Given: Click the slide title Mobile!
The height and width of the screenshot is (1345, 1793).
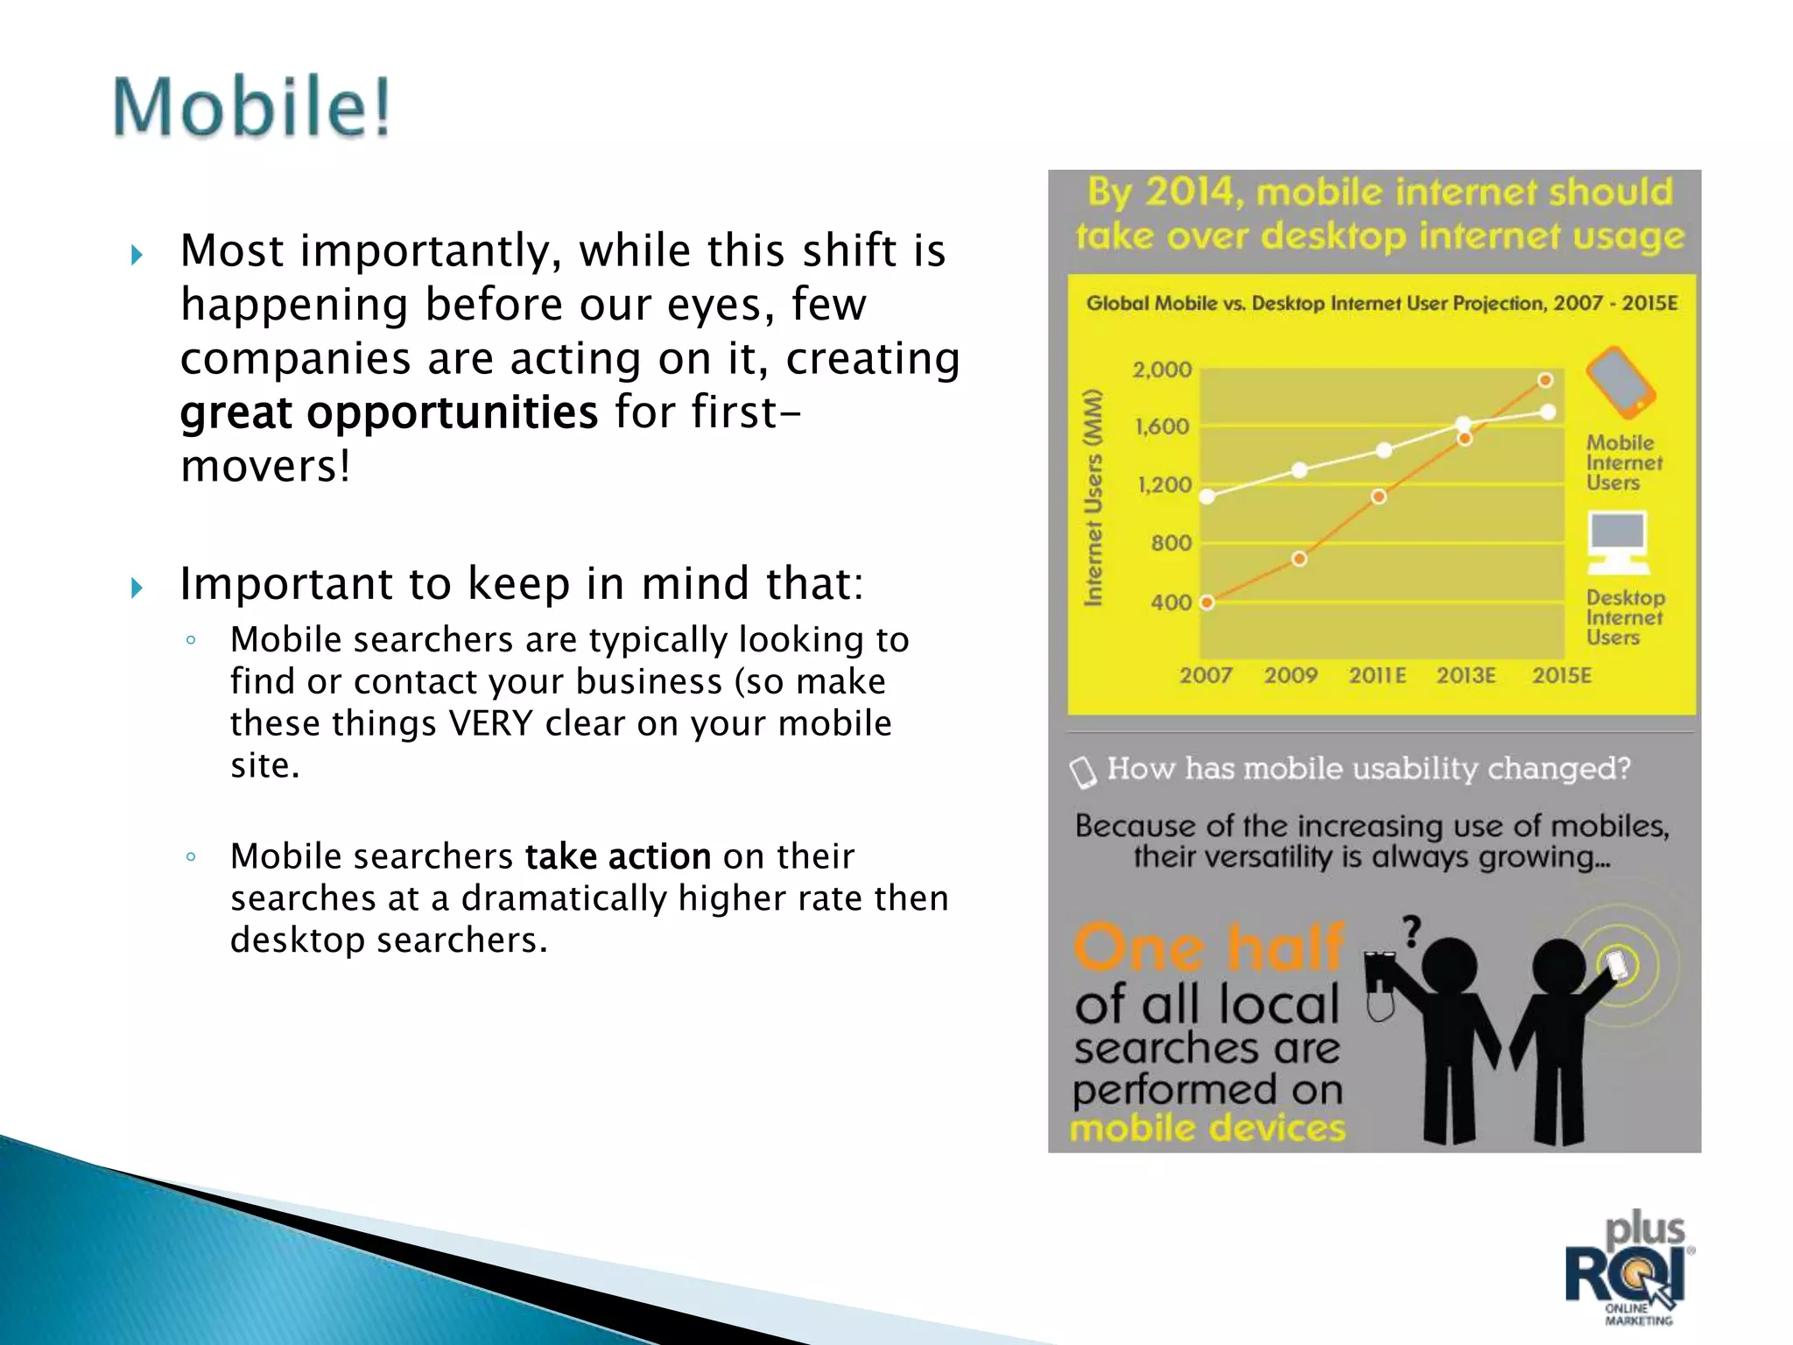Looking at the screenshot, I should pos(251,107).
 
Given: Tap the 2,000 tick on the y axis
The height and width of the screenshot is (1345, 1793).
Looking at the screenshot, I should pos(1162,370).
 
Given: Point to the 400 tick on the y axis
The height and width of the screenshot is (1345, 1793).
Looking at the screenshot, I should pos(1171,602).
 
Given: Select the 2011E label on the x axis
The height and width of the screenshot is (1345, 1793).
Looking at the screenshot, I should pos(1377,675).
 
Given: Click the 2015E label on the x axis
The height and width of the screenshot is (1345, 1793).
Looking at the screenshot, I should pos(1561,675).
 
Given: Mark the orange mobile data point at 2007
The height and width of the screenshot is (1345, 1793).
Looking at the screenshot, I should pos(1207,602).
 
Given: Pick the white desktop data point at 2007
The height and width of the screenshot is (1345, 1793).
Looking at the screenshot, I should pos(1207,496).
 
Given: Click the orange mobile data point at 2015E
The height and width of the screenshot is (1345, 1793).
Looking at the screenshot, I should pos(1545,380).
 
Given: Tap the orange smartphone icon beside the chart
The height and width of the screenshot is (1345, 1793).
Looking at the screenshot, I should pos(1621,383).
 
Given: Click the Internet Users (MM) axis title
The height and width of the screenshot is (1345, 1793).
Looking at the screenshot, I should pos(1093,497).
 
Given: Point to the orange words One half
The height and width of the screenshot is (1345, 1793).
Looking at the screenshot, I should pos(1208,947).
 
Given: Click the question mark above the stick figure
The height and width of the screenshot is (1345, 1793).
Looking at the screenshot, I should pos(1411,932).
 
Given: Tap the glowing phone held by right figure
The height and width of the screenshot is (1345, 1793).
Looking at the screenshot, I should pos(1616,965).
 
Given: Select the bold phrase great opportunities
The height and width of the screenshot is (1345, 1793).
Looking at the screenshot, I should pos(389,412).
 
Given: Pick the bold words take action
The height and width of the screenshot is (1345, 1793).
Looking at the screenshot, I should pos(617,856).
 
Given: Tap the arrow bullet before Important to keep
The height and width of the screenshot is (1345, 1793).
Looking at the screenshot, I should pos(137,587).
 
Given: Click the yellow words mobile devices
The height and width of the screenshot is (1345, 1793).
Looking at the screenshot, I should pos(1207,1128).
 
